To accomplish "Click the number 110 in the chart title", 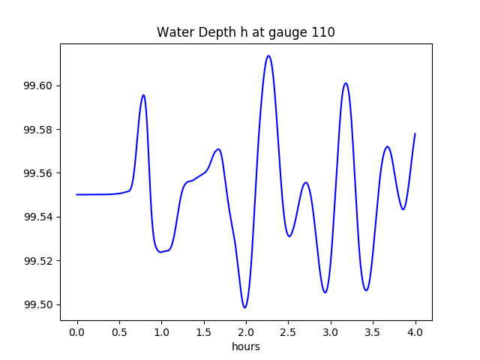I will pyautogui.click(x=324, y=32).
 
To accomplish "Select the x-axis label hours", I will pyautogui.click(x=246, y=346).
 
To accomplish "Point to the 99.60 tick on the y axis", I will pyautogui.click(x=40, y=85).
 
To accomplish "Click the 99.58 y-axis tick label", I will pyautogui.click(x=40, y=130).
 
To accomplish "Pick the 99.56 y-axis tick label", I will pyautogui.click(x=40, y=173).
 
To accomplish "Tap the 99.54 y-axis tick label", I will pyautogui.click(x=40, y=217).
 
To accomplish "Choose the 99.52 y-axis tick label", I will pyautogui.click(x=40, y=261).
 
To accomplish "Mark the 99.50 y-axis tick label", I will pyautogui.click(x=40, y=304).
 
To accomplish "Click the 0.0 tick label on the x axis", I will pyautogui.click(x=77, y=331).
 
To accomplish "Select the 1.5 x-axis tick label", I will pyautogui.click(x=204, y=331).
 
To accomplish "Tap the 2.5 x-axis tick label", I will pyautogui.click(x=289, y=331).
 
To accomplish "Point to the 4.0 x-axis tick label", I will pyautogui.click(x=415, y=331).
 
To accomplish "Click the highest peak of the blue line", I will pyautogui.click(x=268, y=56).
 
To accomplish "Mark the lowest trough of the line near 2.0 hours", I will pyautogui.click(x=244, y=307).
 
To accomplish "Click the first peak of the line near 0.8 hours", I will pyautogui.click(x=143, y=95).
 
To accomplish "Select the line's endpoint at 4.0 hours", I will pyautogui.click(x=415, y=133).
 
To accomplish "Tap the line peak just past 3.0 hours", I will pyautogui.click(x=346, y=83).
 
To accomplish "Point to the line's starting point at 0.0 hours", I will pyautogui.click(x=77, y=194).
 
